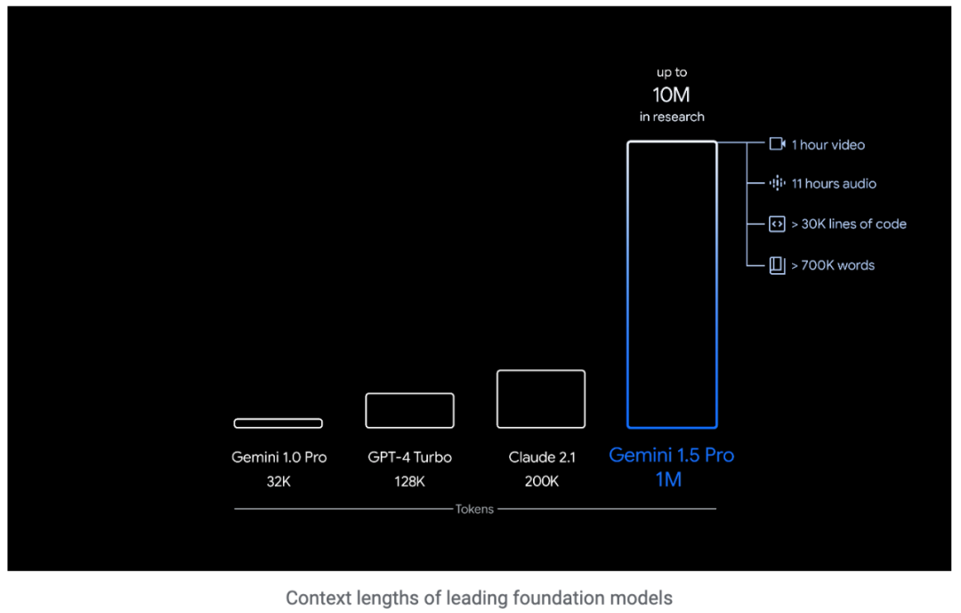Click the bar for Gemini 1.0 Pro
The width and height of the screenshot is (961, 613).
(x=278, y=423)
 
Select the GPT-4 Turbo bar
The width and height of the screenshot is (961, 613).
(x=409, y=410)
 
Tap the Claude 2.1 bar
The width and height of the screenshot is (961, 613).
(x=541, y=399)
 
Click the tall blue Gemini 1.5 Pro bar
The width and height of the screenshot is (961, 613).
(x=672, y=285)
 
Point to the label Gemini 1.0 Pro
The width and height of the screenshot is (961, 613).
(x=279, y=457)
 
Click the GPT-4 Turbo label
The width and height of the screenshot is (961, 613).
(x=409, y=457)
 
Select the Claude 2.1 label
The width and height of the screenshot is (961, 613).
(x=542, y=457)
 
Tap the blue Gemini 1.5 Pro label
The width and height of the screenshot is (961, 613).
(x=672, y=456)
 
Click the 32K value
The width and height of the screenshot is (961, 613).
(x=279, y=481)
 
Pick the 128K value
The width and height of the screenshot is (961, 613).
(x=409, y=481)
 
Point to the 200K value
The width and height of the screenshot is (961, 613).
(x=542, y=481)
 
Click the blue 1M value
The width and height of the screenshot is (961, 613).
(x=669, y=480)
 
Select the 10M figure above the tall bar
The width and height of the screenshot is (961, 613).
(x=672, y=94)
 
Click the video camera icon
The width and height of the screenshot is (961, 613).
(x=777, y=144)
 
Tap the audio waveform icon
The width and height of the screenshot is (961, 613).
(x=777, y=183)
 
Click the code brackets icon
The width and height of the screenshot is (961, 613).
(x=777, y=224)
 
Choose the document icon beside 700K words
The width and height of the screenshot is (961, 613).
(x=777, y=265)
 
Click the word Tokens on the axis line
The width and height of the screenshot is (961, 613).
(x=474, y=509)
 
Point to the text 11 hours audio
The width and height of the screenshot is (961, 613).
(x=834, y=183)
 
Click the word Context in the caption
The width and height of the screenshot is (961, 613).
(x=314, y=598)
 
